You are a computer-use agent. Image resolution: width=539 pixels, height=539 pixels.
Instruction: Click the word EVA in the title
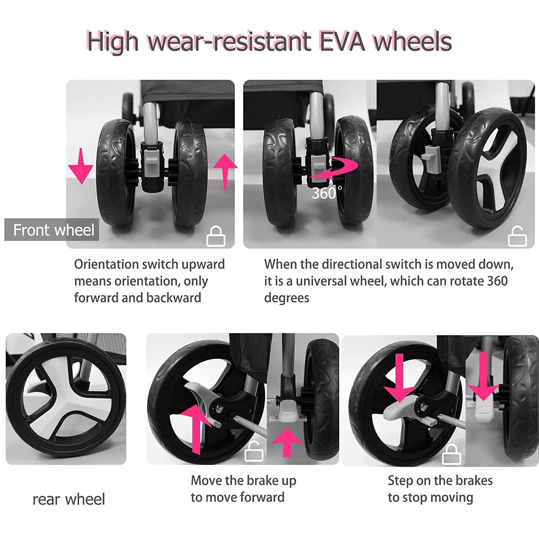point(342,41)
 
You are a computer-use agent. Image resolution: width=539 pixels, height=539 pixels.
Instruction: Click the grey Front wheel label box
point(52,230)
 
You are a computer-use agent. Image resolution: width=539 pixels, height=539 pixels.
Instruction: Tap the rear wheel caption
point(69,499)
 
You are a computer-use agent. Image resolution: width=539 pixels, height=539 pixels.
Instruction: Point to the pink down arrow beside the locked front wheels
point(81,166)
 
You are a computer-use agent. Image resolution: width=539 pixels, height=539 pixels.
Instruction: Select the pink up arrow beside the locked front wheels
point(225,172)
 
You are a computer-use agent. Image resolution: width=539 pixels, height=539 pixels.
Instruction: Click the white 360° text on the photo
point(327,193)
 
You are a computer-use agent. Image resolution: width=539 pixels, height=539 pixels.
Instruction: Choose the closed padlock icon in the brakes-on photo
point(451,454)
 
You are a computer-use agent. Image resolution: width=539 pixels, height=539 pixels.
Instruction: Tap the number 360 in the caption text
point(497,281)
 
